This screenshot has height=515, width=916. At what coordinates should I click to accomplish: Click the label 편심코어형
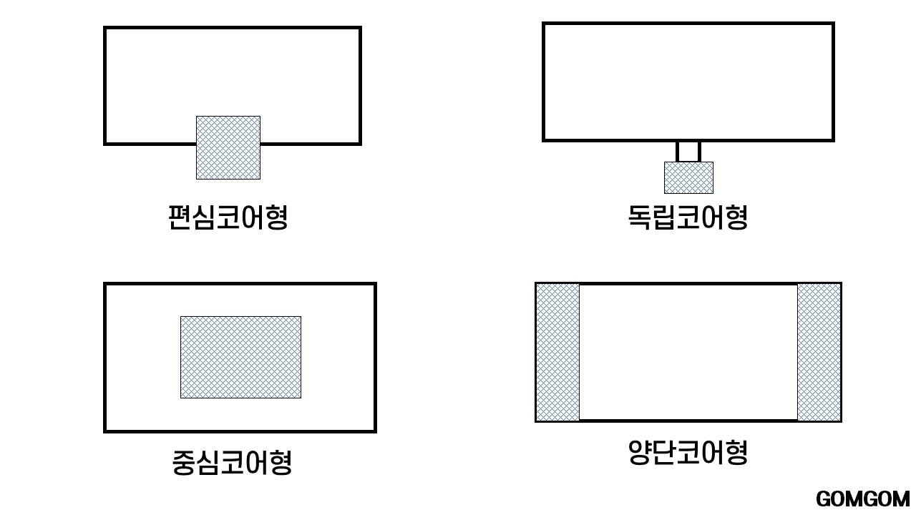pyautogui.click(x=228, y=217)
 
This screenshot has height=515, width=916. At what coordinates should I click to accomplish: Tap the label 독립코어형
pyautogui.click(x=688, y=217)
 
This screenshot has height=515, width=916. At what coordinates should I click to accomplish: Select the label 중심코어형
pyautogui.click(x=232, y=462)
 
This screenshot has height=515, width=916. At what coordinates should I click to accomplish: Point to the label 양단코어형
pyautogui.click(x=688, y=452)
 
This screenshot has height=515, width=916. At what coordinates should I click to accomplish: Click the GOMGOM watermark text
pyautogui.click(x=862, y=499)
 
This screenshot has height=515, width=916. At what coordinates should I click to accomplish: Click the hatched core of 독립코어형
pyautogui.click(x=688, y=177)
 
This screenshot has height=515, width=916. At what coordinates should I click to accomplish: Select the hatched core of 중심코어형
pyautogui.click(x=240, y=357)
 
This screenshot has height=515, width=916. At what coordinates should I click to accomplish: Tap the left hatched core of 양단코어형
pyautogui.click(x=558, y=352)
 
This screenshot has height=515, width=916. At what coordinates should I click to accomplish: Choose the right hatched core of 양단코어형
pyautogui.click(x=819, y=352)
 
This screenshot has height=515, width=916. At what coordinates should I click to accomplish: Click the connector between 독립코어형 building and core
pyautogui.click(x=688, y=152)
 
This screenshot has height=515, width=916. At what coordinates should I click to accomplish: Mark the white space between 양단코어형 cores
pyautogui.click(x=688, y=352)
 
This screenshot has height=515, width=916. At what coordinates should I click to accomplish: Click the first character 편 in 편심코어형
pyautogui.click(x=180, y=217)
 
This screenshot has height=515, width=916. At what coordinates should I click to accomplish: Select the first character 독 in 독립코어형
pyautogui.click(x=640, y=217)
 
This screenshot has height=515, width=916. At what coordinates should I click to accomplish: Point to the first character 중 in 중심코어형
pyautogui.click(x=184, y=462)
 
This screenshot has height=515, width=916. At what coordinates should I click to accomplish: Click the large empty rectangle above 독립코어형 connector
pyautogui.click(x=688, y=82)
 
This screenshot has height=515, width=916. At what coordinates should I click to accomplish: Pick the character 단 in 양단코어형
pyautogui.click(x=663, y=452)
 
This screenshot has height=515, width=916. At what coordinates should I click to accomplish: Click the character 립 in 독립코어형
pyautogui.click(x=663, y=217)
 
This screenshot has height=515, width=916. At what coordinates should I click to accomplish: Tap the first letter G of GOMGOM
pyautogui.click(x=823, y=499)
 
